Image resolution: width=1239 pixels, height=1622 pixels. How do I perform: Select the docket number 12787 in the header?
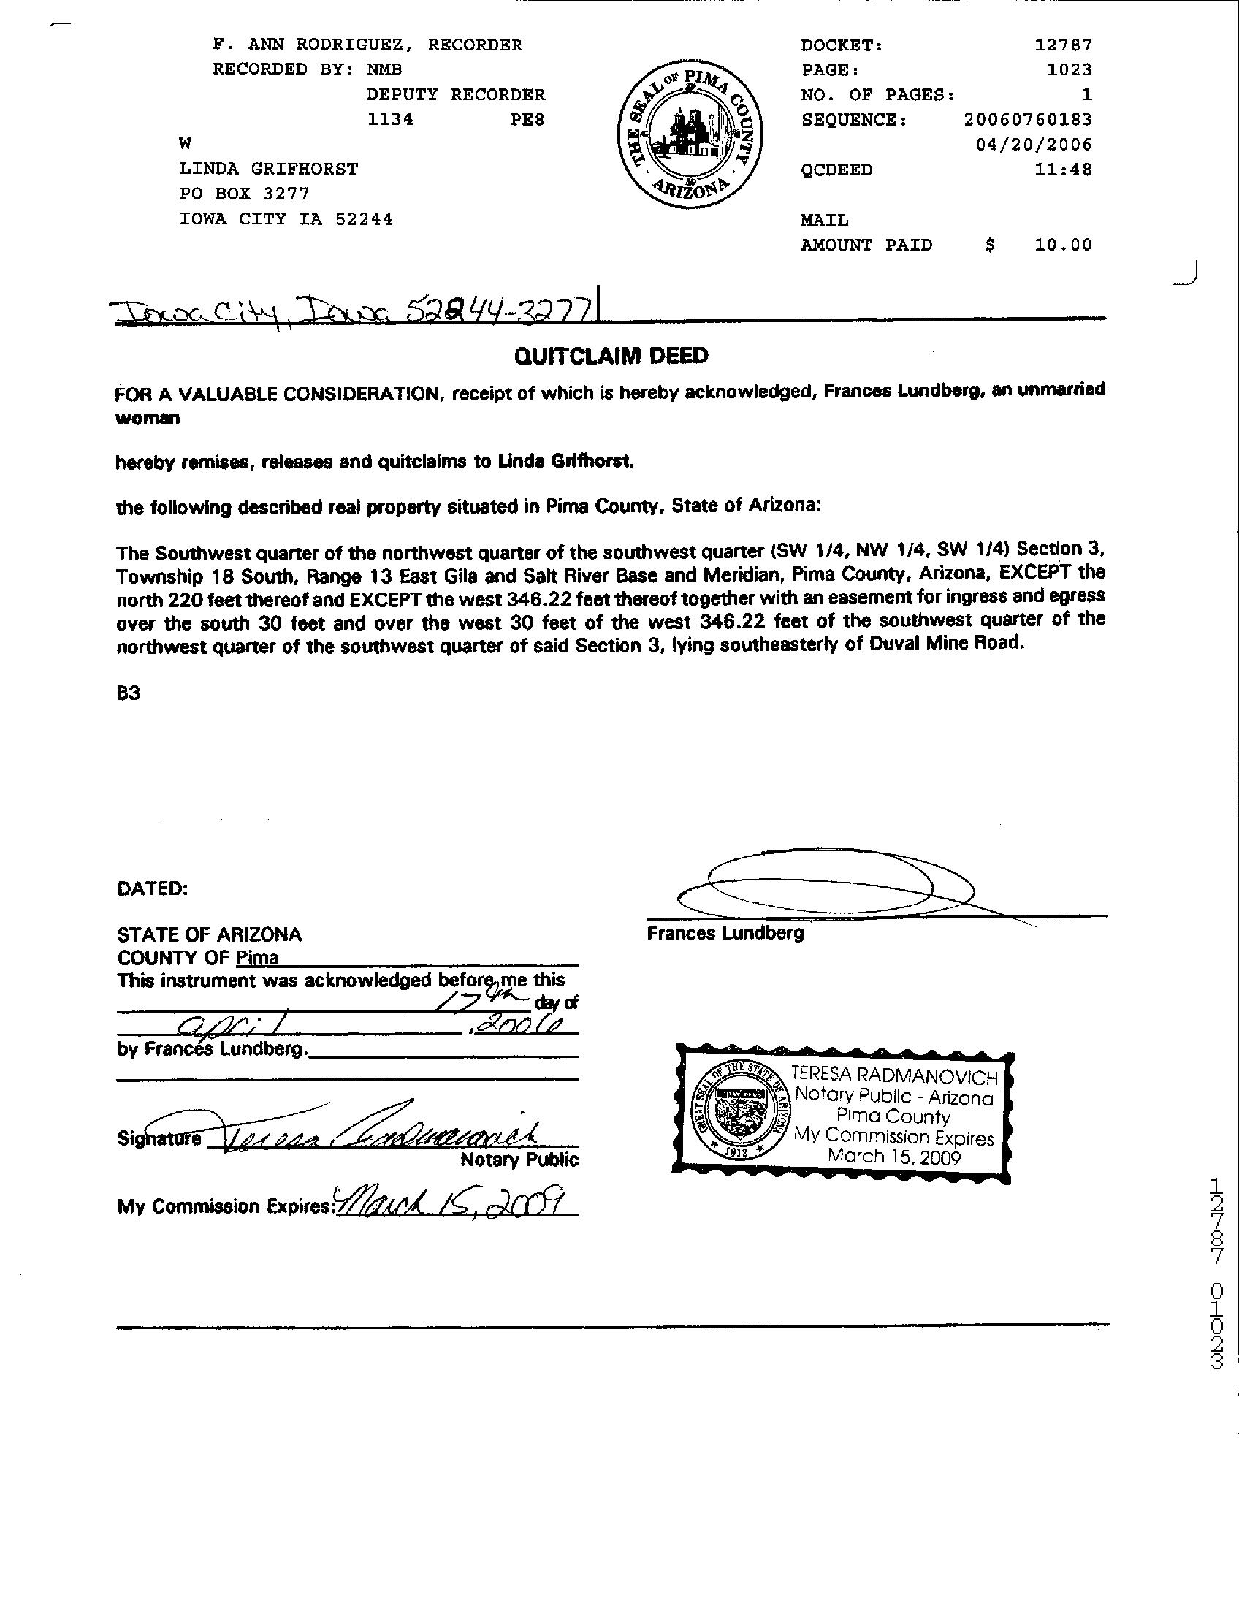point(1063,45)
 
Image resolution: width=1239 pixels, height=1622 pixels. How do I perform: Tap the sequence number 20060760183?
point(1027,120)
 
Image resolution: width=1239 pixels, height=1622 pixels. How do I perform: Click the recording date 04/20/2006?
point(1033,145)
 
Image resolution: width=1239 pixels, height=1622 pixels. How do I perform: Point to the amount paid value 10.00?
point(1063,245)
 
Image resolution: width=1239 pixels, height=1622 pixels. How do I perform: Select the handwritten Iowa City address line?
point(354,312)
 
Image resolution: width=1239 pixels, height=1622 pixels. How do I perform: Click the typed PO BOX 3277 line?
point(245,194)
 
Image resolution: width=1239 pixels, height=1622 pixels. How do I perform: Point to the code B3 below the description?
point(129,693)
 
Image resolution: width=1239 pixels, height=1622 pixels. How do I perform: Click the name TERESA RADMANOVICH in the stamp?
point(895,1076)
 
